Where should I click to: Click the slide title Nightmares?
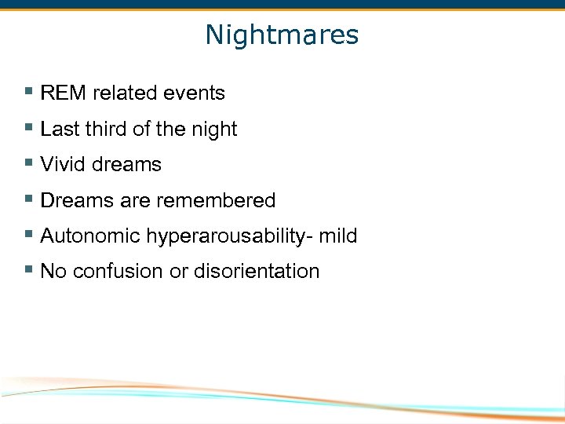coord(282,35)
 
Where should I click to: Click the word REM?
coord(64,93)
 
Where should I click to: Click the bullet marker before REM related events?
coord(29,92)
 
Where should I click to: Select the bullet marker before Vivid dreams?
coord(29,163)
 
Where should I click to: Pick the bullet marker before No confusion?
coord(29,270)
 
